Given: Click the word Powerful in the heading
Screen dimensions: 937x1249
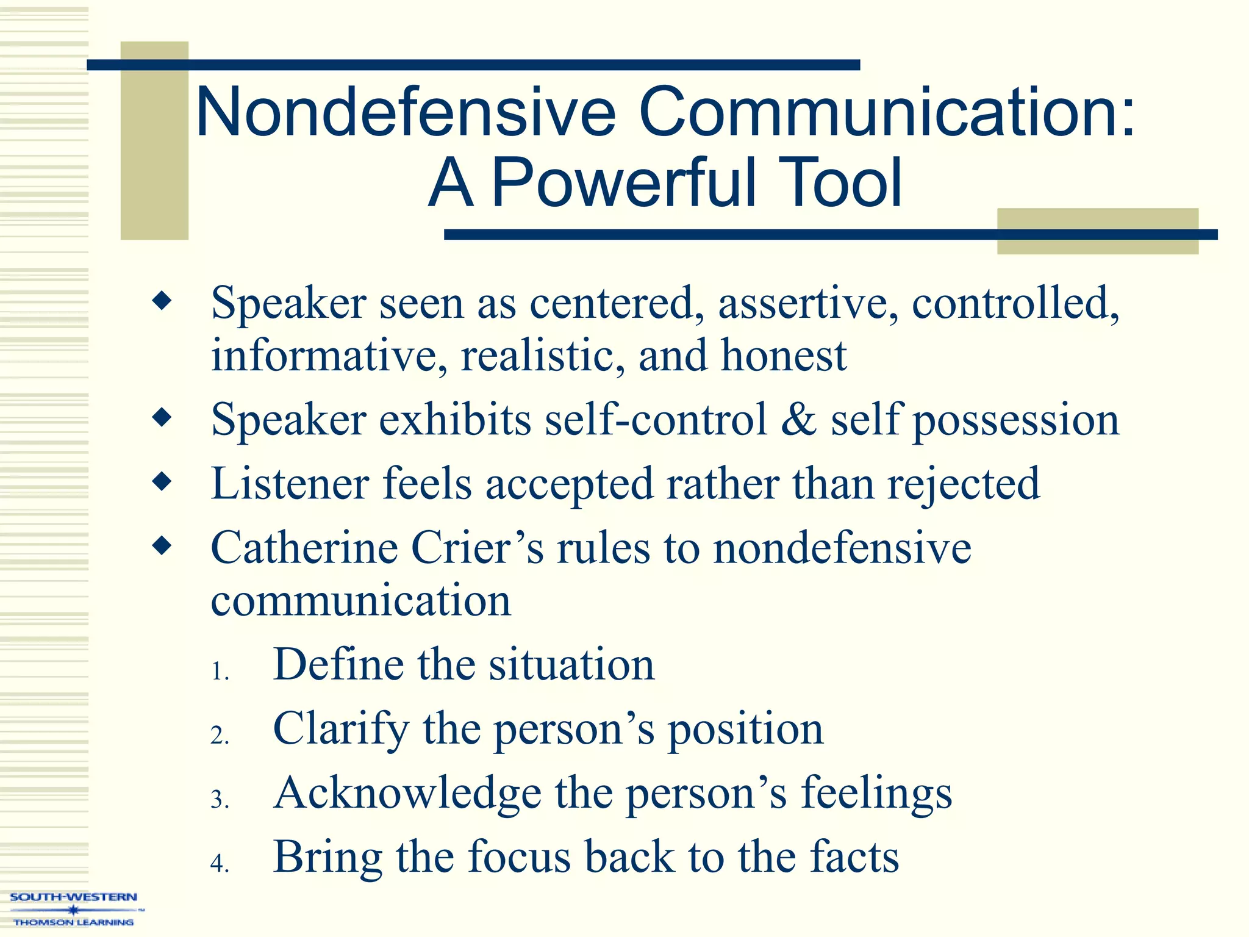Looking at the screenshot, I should [623, 183].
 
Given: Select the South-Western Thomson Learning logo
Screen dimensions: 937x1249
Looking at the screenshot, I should [74, 910].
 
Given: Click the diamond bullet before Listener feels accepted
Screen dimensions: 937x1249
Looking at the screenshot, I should [162, 482].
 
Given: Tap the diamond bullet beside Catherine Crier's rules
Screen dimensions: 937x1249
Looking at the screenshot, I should [162, 545].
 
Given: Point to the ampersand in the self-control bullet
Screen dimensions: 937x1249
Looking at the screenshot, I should [798, 420].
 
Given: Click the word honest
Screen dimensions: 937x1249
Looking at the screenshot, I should [784, 356].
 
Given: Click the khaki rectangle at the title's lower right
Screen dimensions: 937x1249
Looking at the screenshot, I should [1097, 231].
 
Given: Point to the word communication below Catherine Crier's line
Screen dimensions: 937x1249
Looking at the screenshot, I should [360, 601].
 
